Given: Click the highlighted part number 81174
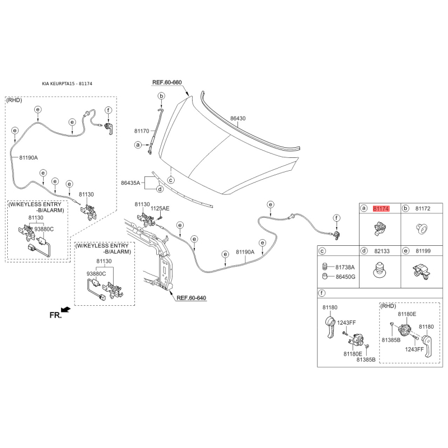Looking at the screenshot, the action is pos(381,208).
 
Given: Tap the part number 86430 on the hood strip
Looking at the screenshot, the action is pos(237,118).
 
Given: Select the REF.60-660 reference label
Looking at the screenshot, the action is pos(167,82).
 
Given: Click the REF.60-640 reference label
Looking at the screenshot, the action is pos(191,298).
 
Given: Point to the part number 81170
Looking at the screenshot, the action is pos(142,131).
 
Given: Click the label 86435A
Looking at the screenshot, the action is pos(130,183).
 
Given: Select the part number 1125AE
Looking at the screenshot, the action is pos(160,208).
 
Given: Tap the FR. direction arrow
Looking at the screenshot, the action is pos(66,310).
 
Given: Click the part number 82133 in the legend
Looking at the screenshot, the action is pos(382,251).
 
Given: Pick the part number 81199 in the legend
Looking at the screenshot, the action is pos(423,251).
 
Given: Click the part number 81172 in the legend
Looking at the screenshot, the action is pos(423,208).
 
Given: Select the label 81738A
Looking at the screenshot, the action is pos(345,267).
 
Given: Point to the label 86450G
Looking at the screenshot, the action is pos(346,277).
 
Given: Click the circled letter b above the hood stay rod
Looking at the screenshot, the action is pos(161,96).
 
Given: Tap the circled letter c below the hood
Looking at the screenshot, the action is pos(171,180).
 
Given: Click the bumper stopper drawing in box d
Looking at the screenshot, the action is pos(380,269).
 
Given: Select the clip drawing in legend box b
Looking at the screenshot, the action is pos(422,229).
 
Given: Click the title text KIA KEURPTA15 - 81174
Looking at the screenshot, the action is pos(67,83).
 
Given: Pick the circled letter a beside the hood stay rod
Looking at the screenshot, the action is pos(138,145).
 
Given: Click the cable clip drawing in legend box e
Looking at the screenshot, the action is pos(422,271).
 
